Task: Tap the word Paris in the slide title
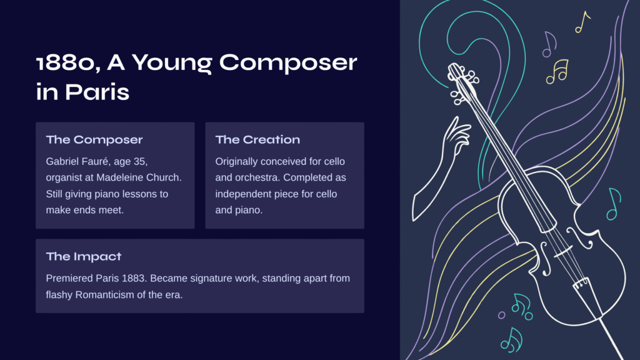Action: click(97, 92)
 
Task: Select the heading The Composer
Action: click(94, 139)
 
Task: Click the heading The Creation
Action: click(257, 139)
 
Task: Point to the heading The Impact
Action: click(84, 256)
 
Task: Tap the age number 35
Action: click(141, 162)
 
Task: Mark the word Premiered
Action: click(69, 278)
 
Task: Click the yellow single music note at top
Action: click(582, 22)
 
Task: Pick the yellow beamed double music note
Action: click(557, 71)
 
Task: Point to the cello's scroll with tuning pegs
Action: click(463, 82)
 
